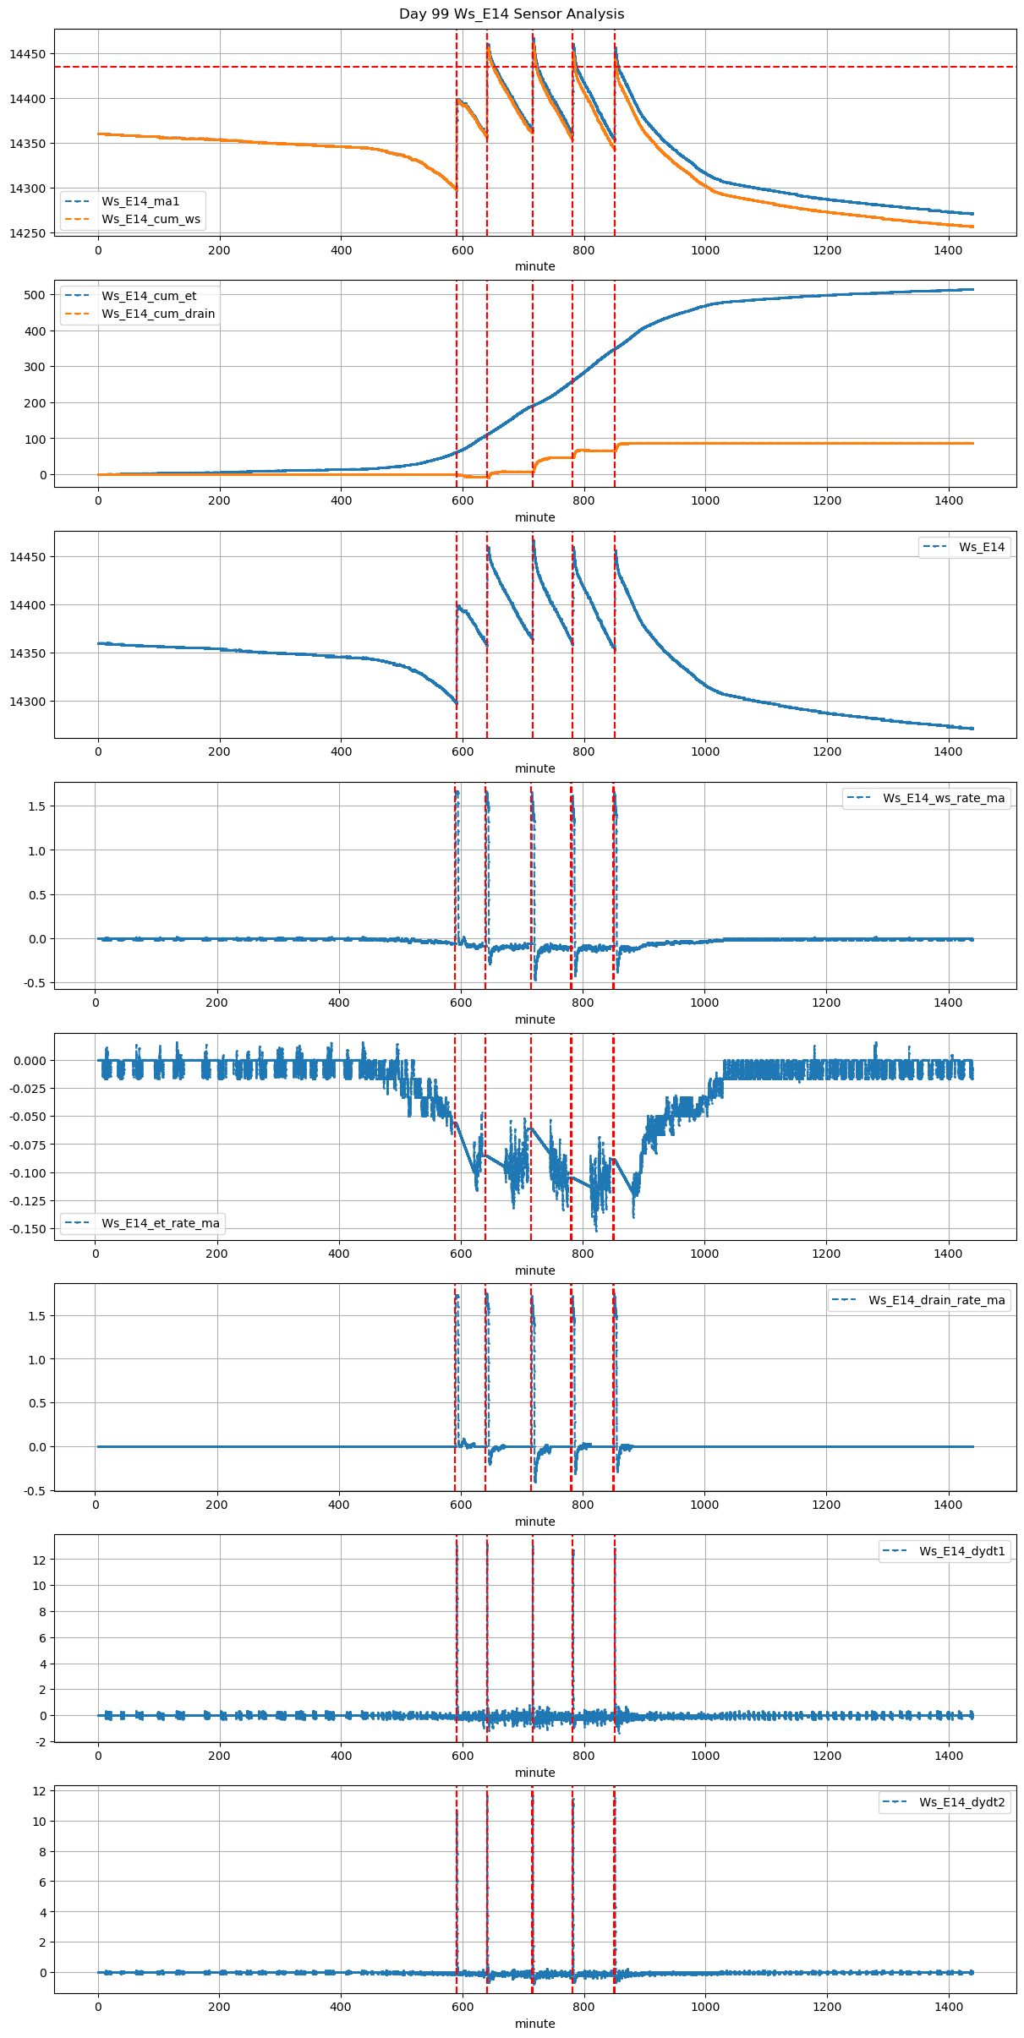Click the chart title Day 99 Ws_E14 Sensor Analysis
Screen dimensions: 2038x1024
point(512,14)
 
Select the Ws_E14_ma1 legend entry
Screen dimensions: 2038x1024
point(140,201)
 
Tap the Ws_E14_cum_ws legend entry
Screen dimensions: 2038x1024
point(151,219)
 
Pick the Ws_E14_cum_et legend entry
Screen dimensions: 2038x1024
point(149,296)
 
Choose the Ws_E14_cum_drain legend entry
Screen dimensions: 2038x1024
point(158,314)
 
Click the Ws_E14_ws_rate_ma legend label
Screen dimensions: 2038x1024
point(944,798)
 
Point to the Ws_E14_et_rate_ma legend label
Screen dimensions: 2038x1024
point(161,1223)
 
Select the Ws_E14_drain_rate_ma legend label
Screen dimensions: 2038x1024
point(937,1300)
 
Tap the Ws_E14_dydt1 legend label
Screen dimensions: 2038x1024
point(962,1551)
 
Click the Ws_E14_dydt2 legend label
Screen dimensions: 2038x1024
point(962,1802)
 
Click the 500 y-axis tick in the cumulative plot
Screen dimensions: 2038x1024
point(36,295)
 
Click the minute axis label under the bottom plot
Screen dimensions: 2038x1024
point(535,2024)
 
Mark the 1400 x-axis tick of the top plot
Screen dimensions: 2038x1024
point(949,250)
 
